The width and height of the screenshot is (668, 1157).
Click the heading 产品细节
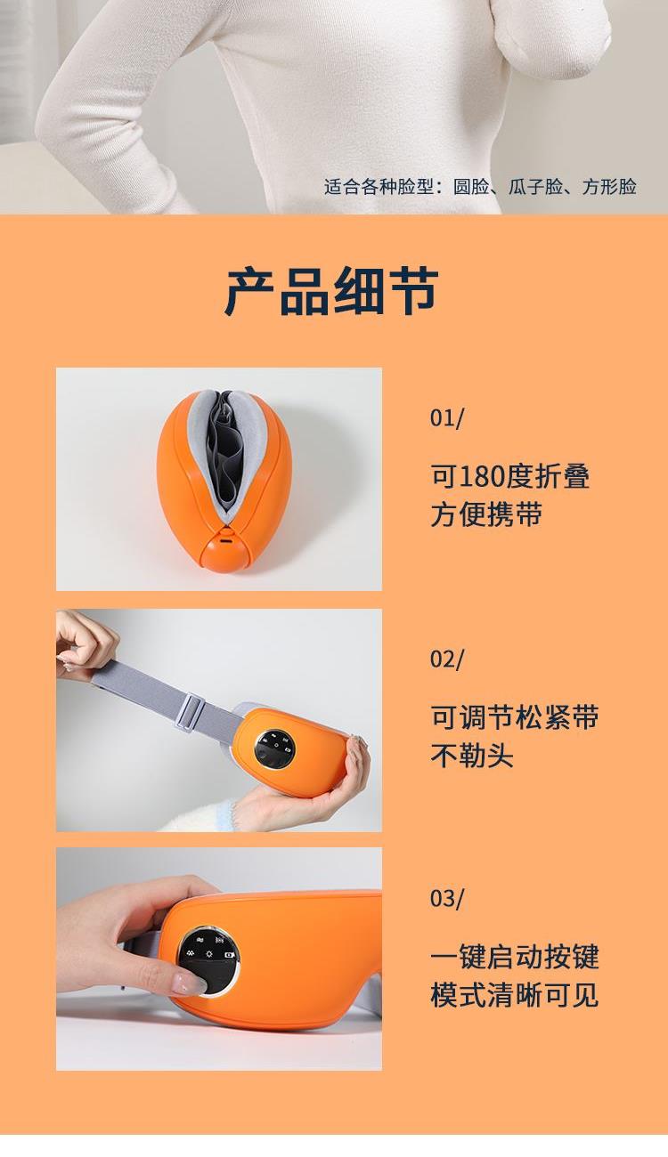331,291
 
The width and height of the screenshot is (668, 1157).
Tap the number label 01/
447,417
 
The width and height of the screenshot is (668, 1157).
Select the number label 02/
447,659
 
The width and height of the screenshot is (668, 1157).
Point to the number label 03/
447,898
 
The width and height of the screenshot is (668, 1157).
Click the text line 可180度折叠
509,476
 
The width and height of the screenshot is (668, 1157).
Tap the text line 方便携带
486,514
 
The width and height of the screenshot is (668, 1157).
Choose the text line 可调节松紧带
515,717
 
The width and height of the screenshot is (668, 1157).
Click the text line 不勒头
471,755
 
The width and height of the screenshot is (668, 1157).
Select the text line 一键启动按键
515,957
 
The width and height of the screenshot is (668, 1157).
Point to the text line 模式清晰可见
515,995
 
